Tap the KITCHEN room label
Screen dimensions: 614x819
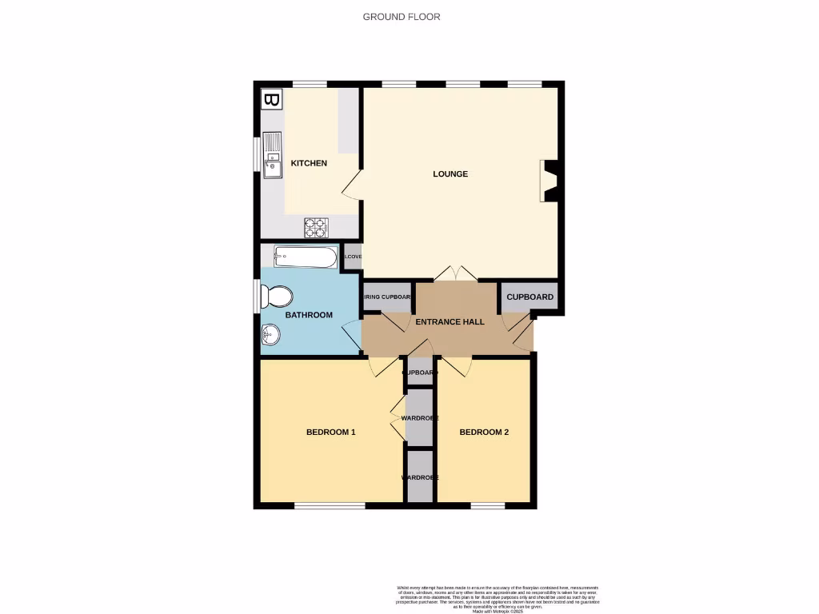click(x=308, y=163)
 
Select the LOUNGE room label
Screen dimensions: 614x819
click(x=450, y=173)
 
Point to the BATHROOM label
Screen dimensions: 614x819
click(x=309, y=315)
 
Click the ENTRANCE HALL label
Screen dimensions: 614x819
click(x=449, y=321)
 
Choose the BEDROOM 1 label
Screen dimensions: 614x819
click(x=330, y=432)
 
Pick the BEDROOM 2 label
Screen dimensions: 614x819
click(x=484, y=432)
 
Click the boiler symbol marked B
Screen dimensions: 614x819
click(x=272, y=100)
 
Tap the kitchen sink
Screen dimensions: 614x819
click(x=273, y=156)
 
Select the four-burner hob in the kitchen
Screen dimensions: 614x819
click(x=316, y=228)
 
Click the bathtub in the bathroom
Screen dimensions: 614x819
click(x=306, y=257)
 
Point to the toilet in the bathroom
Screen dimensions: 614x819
click(x=277, y=297)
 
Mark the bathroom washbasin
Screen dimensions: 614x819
click(x=270, y=338)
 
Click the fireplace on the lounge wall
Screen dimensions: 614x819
click(x=550, y=181)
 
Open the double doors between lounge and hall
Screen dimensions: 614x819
click(x=456, y=273)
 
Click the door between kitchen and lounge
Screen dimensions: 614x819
click(x=352, y=185)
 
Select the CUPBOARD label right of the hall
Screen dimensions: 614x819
click(x=529, y=297)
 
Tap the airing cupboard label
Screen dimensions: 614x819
click(x=388, y=297)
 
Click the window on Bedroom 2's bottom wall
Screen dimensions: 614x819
click(x=487, y=505)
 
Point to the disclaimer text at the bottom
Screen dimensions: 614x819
click(x=497, y=599)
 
